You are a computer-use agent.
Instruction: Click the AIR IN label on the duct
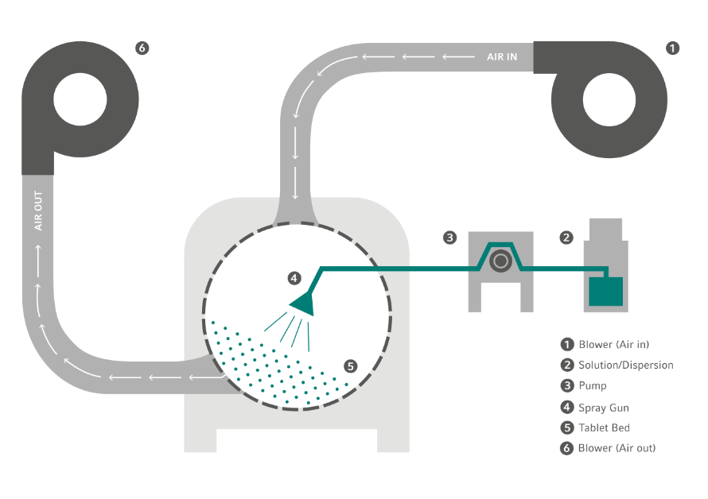tap(502, 56)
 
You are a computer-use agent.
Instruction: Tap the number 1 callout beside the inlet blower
tap(672, 48)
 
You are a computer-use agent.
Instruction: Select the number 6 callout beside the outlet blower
tap(142, 48)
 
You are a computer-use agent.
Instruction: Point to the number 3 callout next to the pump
tap(449, 237)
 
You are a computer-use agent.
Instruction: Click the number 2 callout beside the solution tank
tap(566, 237)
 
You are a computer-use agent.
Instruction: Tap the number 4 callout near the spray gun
tap(294, 278)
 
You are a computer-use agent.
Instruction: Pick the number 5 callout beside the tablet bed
tap(351, 366)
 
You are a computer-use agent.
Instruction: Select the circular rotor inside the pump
tap(500, 260)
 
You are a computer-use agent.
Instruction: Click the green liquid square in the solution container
tap(605, 290)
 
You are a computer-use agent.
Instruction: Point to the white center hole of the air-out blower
tap(80, 101)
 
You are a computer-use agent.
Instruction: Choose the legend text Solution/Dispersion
tap(626, 366)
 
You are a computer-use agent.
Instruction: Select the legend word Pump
tap(593, 386)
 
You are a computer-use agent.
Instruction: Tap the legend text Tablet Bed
tap(605, 428)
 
